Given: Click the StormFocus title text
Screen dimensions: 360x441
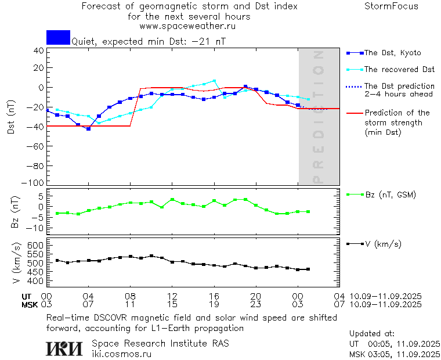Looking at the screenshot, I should point(391,6).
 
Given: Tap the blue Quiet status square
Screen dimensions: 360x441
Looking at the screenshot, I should point(58,37).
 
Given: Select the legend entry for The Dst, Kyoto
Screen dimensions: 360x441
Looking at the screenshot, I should point(389,53).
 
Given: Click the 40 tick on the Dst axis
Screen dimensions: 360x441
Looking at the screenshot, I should point(39,51).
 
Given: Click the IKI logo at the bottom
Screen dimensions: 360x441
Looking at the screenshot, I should point(64,348).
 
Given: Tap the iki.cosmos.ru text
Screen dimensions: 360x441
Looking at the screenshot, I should point(121,354).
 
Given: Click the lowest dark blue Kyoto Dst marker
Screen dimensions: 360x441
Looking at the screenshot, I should point(88,128).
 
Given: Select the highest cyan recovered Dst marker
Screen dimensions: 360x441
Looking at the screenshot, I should point(214,81).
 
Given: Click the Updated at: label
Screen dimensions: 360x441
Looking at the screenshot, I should point(372,334).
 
